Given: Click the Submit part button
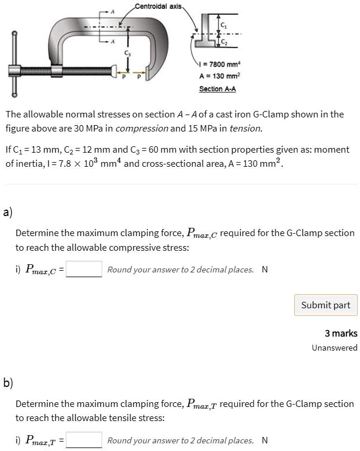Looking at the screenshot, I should point(325,305).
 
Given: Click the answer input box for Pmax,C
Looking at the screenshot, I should point(86,270).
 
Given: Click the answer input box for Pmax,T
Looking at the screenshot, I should point(86,440).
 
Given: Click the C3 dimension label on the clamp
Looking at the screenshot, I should point(126,54).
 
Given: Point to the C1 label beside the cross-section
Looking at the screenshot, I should point(223,23).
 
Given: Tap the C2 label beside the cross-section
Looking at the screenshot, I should point(223,42).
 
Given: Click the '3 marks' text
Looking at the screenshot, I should point(341,334).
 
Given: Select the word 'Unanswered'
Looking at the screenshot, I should point(334,348).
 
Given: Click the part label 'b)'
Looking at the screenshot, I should point(8,383).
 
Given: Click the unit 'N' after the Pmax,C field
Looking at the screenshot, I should point(264,270).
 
